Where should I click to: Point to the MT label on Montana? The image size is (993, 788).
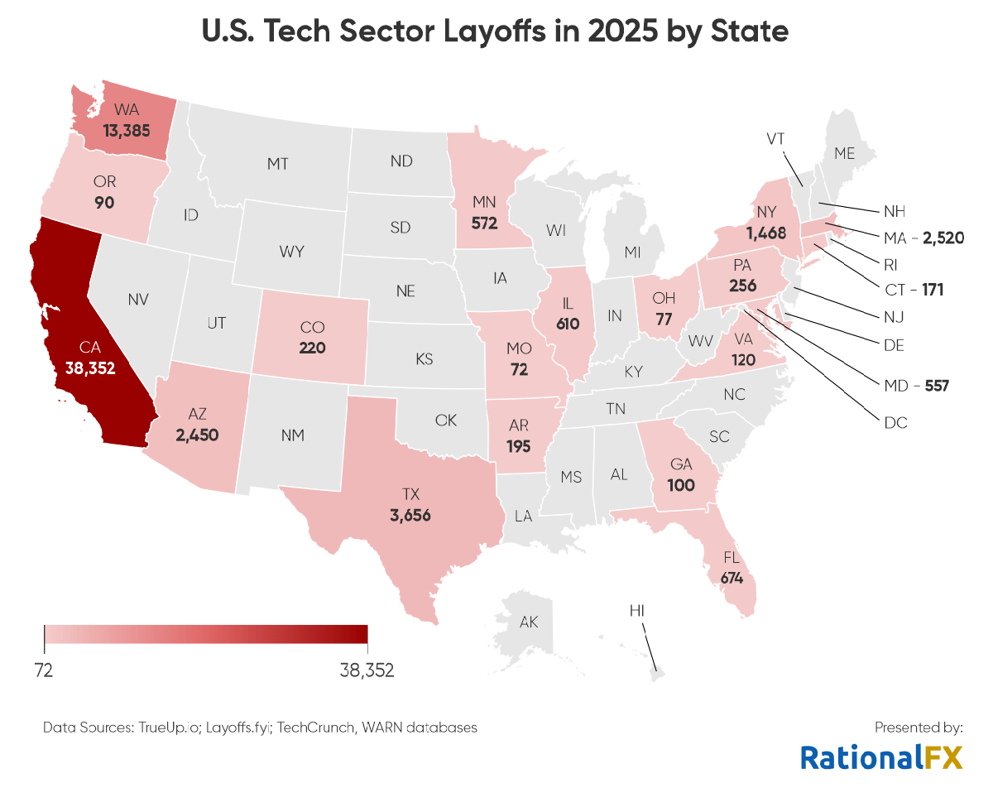coord(278,165)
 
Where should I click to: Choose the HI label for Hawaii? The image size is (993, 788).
coord(637,611)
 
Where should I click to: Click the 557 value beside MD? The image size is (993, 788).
coord(936,385)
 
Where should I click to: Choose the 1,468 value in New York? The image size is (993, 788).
coord(765,233)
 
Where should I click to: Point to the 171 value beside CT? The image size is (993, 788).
coord(933,291)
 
